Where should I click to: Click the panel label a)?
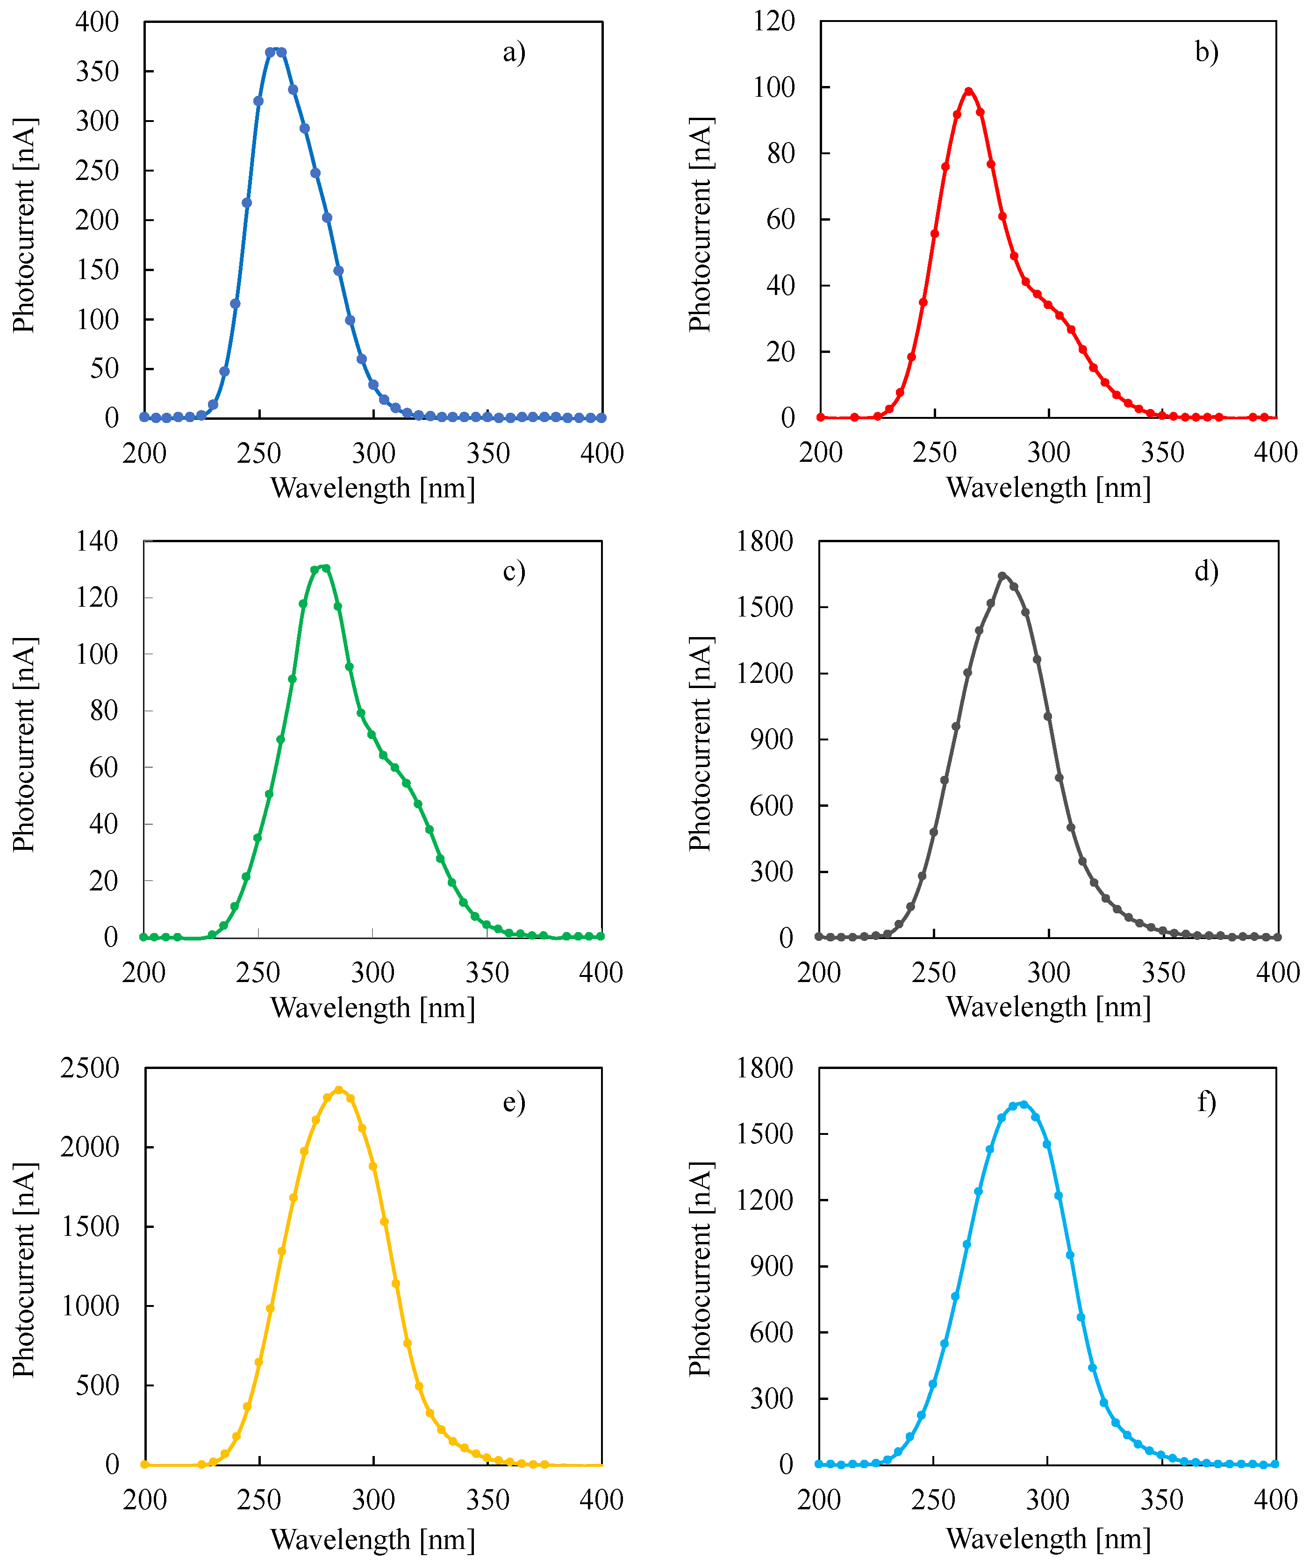[x=514, y=52]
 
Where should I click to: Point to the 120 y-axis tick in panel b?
[x=774, y=21]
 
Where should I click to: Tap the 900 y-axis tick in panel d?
[x=772, y=739]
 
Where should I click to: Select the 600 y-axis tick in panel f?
[x=772, y=1332]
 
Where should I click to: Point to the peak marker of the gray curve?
[x=1002, y=576]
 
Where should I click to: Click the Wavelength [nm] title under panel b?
[x=1049, y=488]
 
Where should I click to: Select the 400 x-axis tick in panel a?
[x=602, y=453]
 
